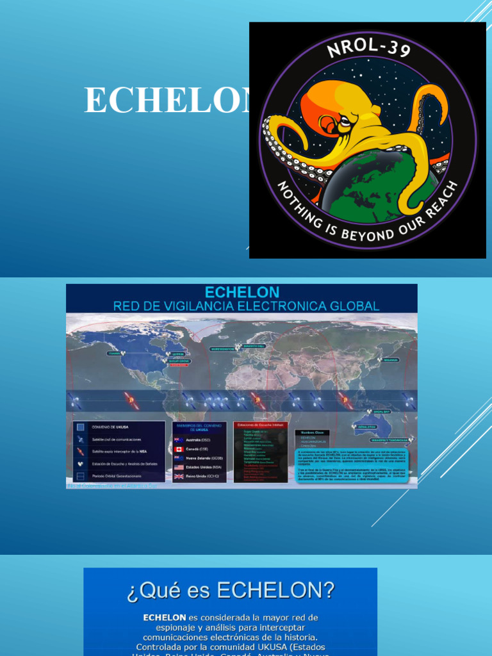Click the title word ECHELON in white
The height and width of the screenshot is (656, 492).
coord(167,101)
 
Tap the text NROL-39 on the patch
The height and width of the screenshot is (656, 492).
coord(368,51)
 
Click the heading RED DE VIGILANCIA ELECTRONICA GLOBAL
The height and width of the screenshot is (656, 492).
coord(246,306)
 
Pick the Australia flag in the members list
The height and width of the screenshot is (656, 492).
coord(178,439)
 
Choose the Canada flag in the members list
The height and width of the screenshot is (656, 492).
coord(178,449)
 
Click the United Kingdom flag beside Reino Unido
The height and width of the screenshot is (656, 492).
coord(178,477)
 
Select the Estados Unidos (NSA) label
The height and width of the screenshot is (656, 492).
coord(204,468)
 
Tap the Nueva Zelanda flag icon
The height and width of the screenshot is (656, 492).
coord(178,458)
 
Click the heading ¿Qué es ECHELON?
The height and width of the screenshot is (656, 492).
coord(230,589)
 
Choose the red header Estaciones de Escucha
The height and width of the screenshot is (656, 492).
coord(260,425)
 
